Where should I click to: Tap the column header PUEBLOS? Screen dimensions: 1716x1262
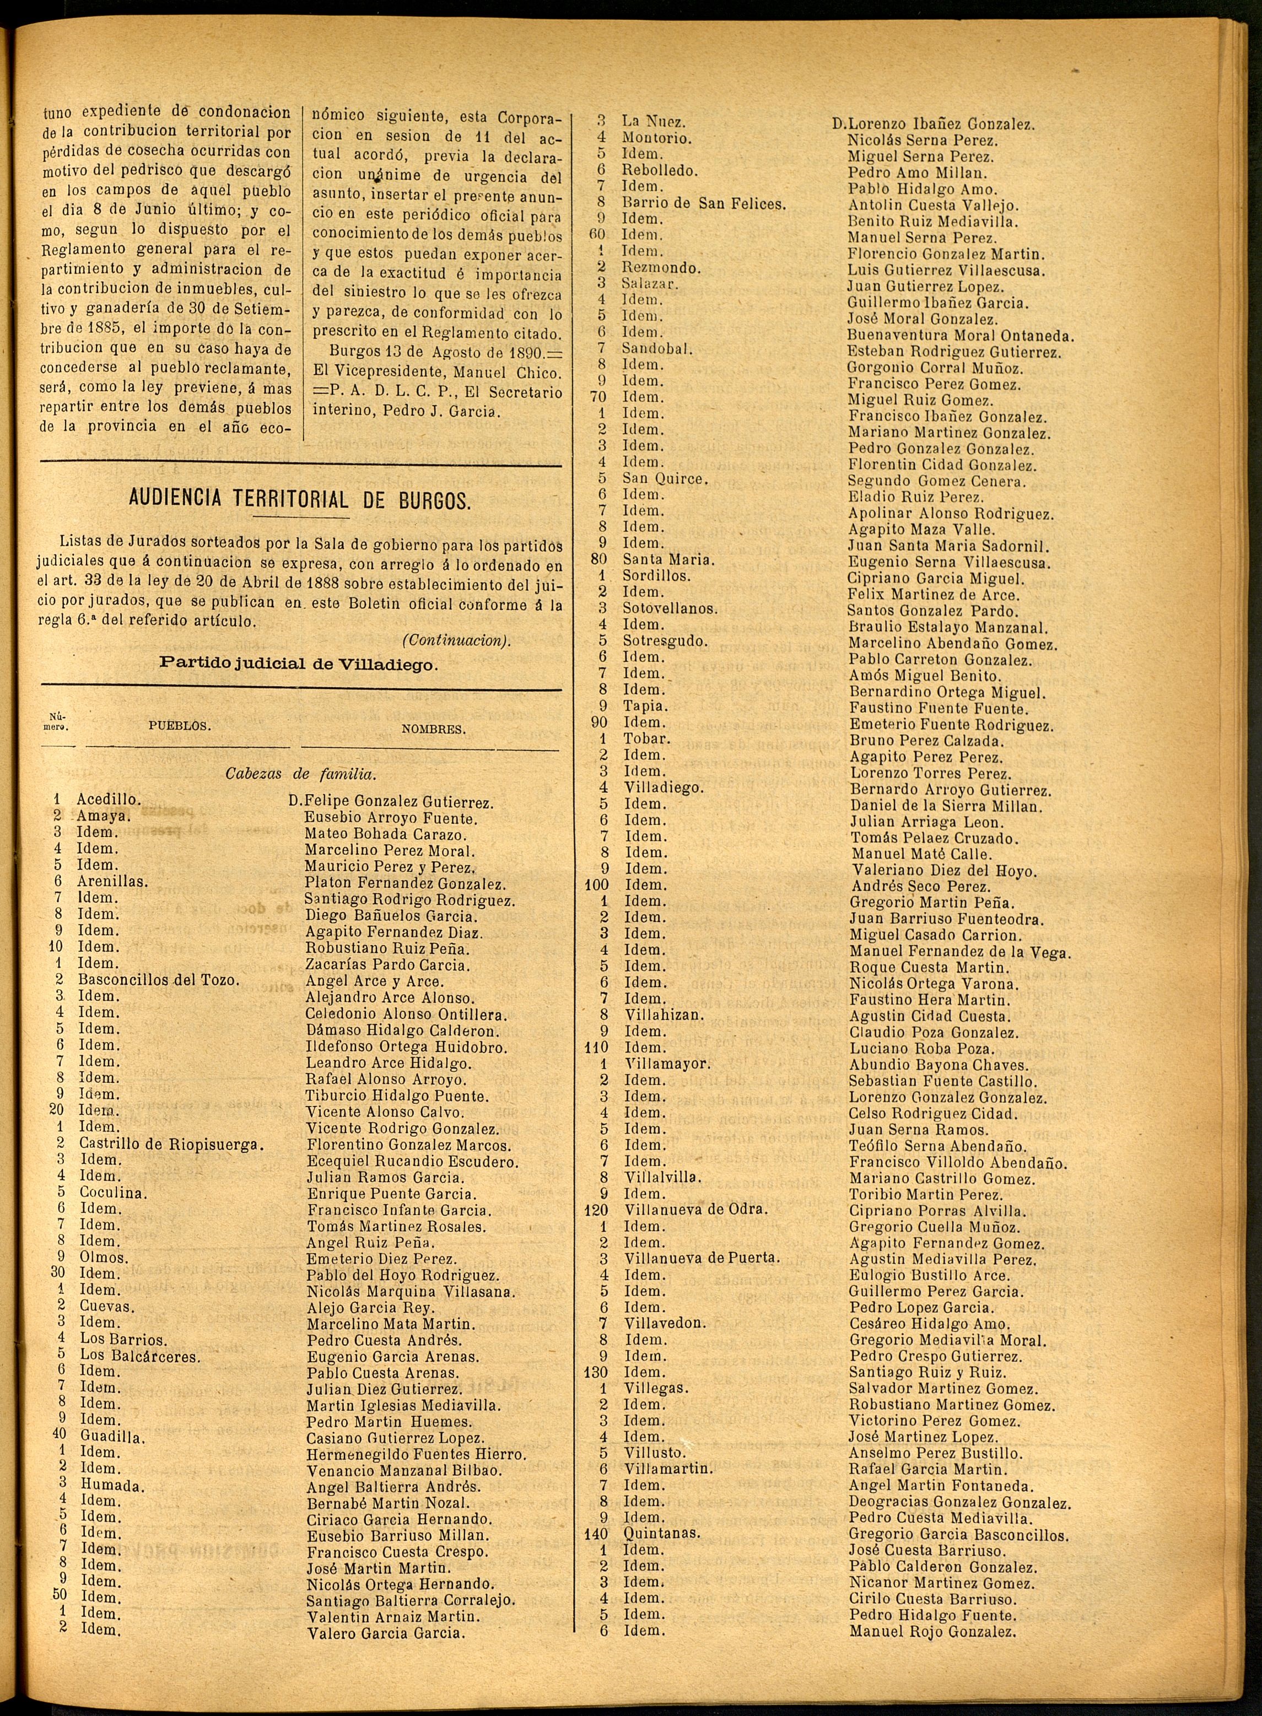click(180, 726)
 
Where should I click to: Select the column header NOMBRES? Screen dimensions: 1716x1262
click(433, 729)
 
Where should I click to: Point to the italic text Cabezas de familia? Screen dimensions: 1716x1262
click(301, 774)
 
